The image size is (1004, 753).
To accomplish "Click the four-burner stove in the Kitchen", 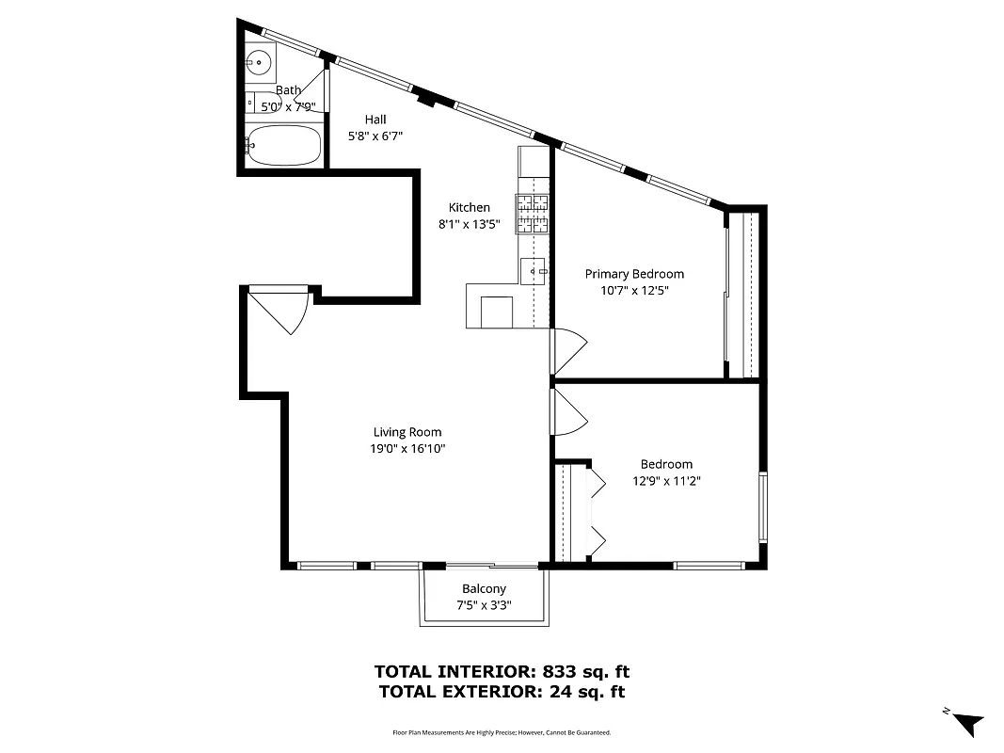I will pyautogui.click(x=533, y=214).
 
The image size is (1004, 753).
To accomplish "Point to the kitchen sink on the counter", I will pyautogui.click(x=534, y=270).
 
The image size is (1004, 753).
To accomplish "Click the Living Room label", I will pyautogui.click(x=406, y=432).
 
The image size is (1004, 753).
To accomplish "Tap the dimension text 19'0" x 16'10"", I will pyautogui.click(x=406, y=449).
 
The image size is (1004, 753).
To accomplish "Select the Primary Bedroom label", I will pyautogui.click(x=634, y=274).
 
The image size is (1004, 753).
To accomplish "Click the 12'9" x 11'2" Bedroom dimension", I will pyautogui.click(x=666, y=480).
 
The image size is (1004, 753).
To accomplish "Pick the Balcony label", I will pyautogui.click(x=484, y=589).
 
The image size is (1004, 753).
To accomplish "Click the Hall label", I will pyautogui.click(x=375, y=120).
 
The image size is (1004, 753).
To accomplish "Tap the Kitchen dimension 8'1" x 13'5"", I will pyautogui.click(x=469, y=225).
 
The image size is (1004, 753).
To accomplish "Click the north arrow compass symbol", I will pyautogui.click(x=966, y=724).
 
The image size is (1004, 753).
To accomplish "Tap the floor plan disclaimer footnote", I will pyautogui.click(x=502, y=732).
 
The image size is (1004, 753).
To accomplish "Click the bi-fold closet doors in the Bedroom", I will pyautogui.click(x=597, y=513).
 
